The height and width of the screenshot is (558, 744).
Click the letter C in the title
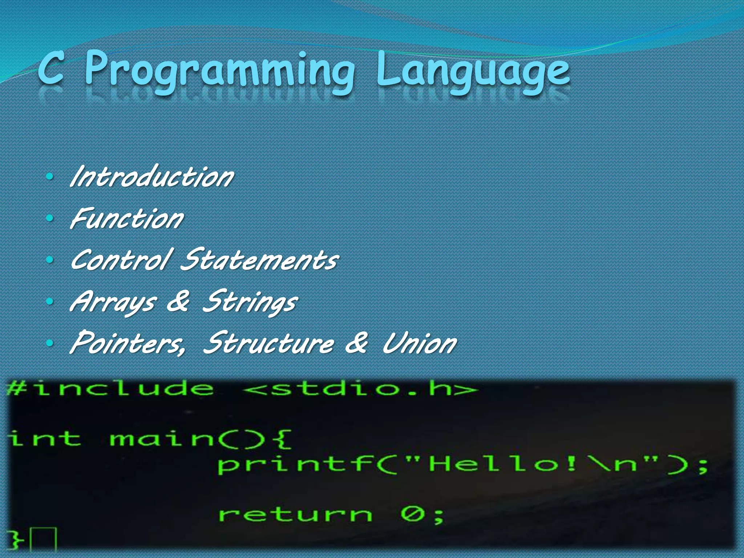(52, 68)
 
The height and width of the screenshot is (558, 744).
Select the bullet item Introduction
(152, 177)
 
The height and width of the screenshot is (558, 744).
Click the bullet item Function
(127, 219)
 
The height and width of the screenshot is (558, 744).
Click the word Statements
(259, 260)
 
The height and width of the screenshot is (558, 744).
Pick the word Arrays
(113, 302)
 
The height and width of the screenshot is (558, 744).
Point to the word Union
(420, 343)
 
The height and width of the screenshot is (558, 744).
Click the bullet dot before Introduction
(50, 177)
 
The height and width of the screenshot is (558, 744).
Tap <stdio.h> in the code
(360, 389)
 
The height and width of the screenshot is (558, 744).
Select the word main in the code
(162, 438)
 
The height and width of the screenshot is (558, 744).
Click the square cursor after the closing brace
(43, 539)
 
